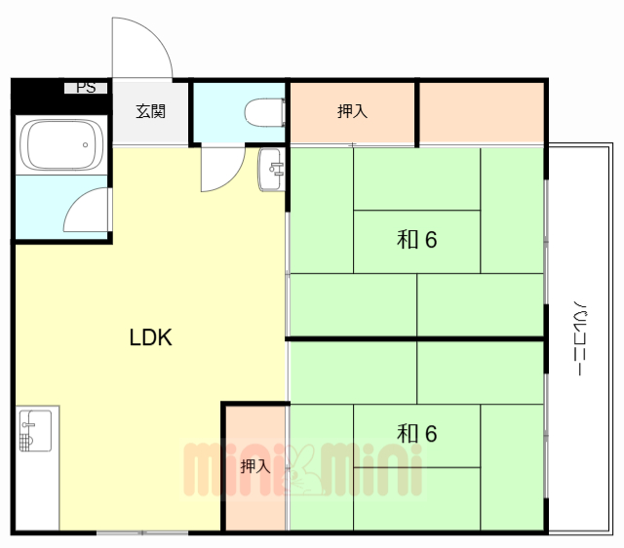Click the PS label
pos(86,88)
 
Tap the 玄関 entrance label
pos(150,111)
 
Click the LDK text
pos(151,338)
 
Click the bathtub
pos(63,145)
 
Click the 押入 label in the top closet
pos(352,112)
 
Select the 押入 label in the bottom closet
pos(254,466)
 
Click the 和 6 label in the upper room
pos(416,239)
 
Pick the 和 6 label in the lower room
pos(416,432)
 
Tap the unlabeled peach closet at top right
pos(481,112)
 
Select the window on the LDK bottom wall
pos(142,532)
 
